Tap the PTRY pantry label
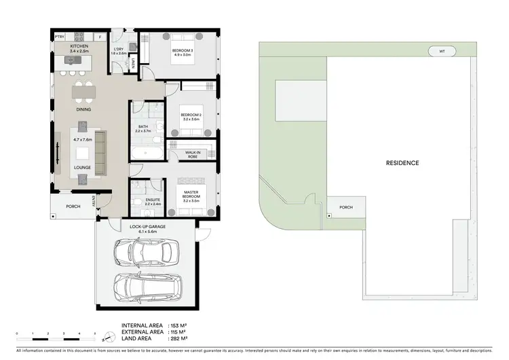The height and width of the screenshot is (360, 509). [x=60, y=37]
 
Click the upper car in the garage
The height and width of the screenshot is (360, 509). [x=143, y=253]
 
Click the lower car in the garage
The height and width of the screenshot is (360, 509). [x=148, y=287]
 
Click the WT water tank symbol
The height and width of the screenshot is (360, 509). [x=442, y=51]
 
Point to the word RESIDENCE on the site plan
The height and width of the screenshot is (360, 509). [x=402, y=163]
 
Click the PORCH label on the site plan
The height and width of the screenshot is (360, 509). [x=345, y=208]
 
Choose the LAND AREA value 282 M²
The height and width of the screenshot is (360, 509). [x=177, y=338]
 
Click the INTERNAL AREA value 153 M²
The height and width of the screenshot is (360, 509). [x=177, y=325]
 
